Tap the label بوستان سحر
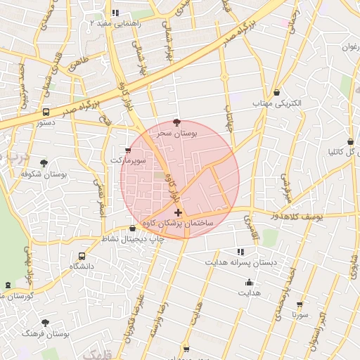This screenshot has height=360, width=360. pyautogui.click(x=176, y=133)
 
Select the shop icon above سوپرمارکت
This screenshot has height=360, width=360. pyautogui.click(x=127, y=150)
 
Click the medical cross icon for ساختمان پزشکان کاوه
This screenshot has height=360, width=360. pyautogui.click(x=178, y=212)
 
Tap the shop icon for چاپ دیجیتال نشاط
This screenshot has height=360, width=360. pyautogui.click(x=133, y=228)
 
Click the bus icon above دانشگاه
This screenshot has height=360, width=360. pyautogui.click(x=82, y=257)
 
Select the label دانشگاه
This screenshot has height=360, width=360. pyautogui.click(x=82, y=267)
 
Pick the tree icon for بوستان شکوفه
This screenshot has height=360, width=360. pyautogui.click(x=44, y=162)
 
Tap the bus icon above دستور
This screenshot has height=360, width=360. pyautogui.click(x=46, y=112)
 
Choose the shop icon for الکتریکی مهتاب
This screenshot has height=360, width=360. pyautogui.click(x=276, y=92)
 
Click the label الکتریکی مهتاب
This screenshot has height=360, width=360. pyautogui.click(x=276, y=103)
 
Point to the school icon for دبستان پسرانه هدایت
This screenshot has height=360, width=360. pyautogui.click(x=240, y=251)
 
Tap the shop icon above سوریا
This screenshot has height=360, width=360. pyautogui.click(x=300, y=304)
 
